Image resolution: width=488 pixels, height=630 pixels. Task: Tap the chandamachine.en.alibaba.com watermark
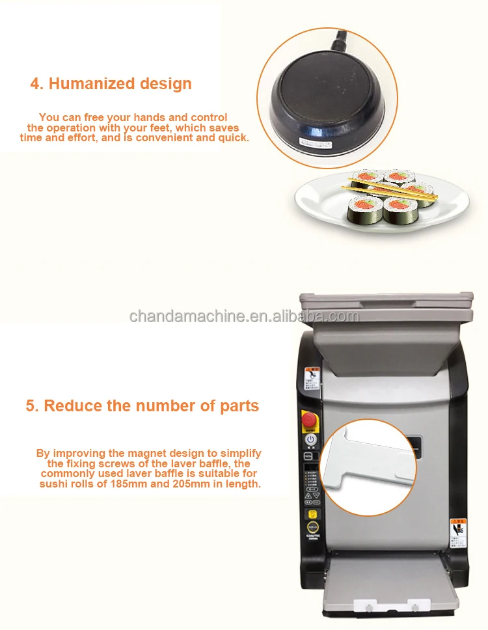(244, 316)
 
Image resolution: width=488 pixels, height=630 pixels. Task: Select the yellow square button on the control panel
(312, 514)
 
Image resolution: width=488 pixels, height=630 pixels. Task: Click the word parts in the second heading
(239, 406)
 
